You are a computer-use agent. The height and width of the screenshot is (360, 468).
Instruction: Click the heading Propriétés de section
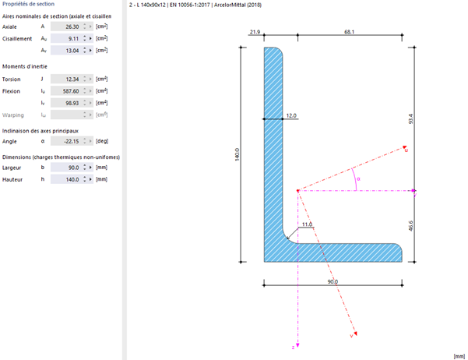[x=28, y=5]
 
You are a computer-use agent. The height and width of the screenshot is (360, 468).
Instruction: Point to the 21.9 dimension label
[x=254, y=32]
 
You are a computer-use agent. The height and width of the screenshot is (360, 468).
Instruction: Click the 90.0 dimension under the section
[x=333, y=281]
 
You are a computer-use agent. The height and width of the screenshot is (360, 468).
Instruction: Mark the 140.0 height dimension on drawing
[x=238, y=155]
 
